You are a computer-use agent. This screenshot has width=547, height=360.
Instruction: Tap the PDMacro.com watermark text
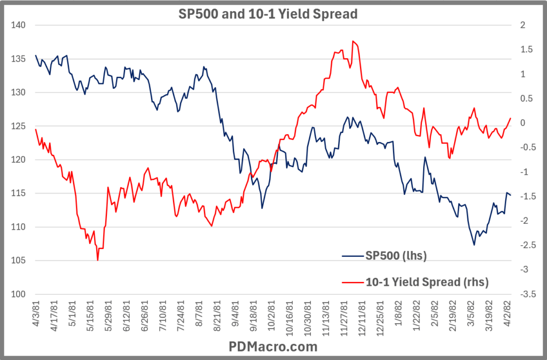click(273, 347)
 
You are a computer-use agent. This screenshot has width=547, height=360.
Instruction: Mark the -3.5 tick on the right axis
click(526, 294)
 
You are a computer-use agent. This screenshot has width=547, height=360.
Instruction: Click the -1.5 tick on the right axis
click(526, 197)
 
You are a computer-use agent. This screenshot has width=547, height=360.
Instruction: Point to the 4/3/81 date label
click(36, 315)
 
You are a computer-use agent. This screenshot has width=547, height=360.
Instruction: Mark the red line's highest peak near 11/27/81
click(353, 41)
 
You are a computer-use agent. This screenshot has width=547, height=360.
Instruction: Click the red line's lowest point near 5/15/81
click(98, 260)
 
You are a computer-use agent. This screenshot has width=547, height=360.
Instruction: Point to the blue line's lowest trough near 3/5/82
click(474, 245)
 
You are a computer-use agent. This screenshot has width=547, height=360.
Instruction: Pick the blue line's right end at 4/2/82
click(511, 195)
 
